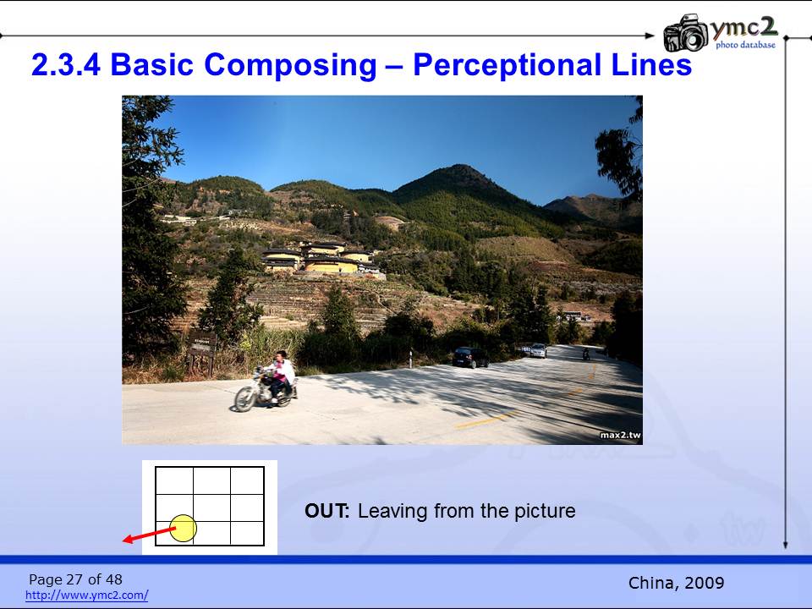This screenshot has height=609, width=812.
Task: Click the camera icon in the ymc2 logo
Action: pos(686,33)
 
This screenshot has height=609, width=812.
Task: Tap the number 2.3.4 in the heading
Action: pos(66,65)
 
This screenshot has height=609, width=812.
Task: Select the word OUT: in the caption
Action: pos(327,511)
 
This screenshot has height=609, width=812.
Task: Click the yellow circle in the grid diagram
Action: pos(184,528)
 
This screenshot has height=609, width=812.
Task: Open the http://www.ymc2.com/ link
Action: pos(87,595)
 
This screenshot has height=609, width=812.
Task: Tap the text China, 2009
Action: pos(676,583)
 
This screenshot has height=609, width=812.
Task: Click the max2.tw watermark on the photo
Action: pos(620,435)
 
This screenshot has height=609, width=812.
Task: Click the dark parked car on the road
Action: pos(470,357)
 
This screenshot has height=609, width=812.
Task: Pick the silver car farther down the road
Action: pos(538,350)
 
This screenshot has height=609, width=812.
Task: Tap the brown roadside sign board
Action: pos(201,345)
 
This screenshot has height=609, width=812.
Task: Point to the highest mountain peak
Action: pos(458,167)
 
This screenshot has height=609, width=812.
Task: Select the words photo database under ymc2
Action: pos(746,45)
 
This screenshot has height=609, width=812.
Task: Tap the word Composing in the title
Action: pos(290,66)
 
